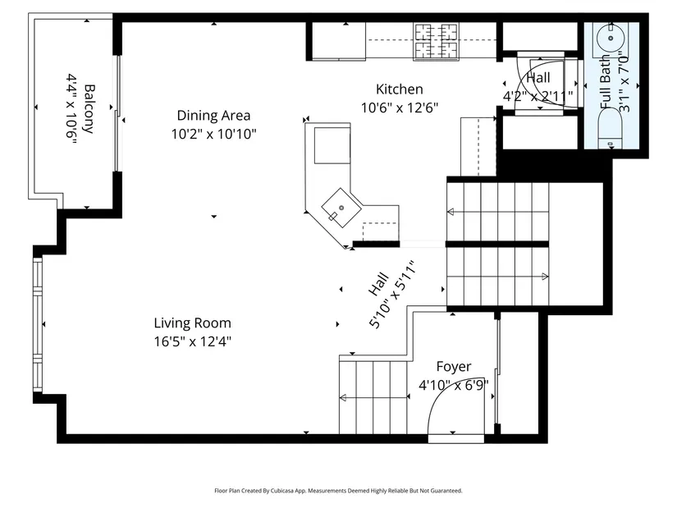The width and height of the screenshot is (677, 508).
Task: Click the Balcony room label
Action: coord(88,109)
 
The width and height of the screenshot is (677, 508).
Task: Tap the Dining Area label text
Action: coord(213,116)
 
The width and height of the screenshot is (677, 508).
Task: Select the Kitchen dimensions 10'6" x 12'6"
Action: coord(400,108)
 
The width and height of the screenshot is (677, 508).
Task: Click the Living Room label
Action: coord(193,323)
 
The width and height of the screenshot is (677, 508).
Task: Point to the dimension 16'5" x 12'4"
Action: coord(193,341)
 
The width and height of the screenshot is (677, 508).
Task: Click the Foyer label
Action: coord(454,367)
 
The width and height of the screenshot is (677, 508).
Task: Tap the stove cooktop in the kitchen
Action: coord(436,41)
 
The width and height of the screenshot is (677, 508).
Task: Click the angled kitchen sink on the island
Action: coord(341,208)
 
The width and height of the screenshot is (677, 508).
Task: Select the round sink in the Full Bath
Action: coord(611,38)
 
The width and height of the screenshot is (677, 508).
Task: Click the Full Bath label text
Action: coord(606,82)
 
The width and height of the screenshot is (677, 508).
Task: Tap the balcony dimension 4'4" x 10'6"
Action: coord(71,107)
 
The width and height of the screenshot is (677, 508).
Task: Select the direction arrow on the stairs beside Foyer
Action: coord(374,397)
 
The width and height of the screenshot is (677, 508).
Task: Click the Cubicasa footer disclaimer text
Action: coord(338,491)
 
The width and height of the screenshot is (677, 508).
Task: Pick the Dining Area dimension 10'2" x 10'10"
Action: coord(213,135)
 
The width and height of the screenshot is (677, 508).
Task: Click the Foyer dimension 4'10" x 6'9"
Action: coord(454,385)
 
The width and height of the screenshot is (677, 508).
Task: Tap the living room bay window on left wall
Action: coord(38,325)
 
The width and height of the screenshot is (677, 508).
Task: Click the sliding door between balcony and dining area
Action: coord(117,113)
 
